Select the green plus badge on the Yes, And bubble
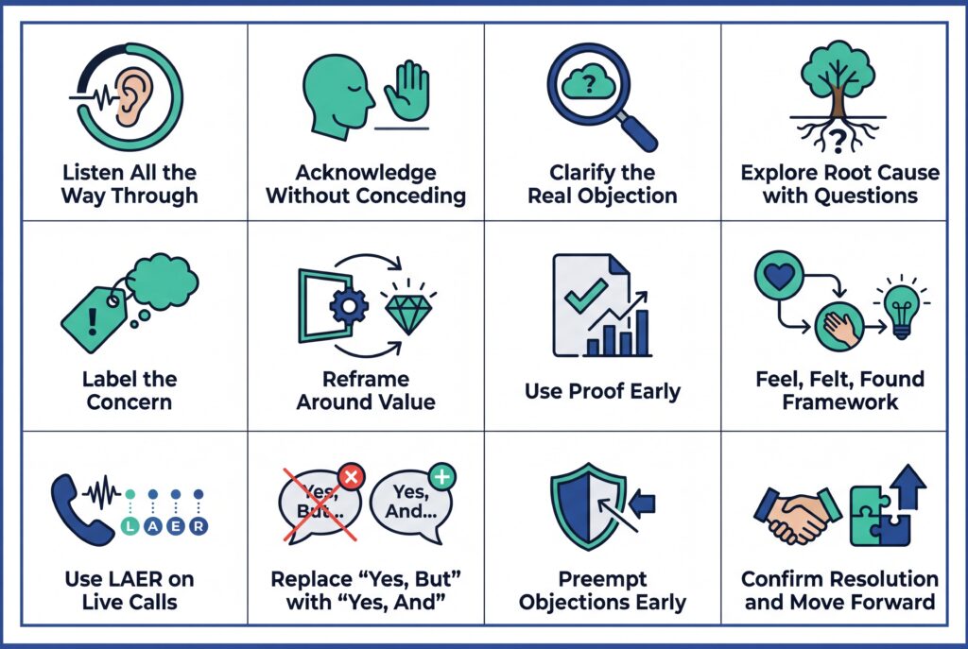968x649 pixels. (x=441, y=476)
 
